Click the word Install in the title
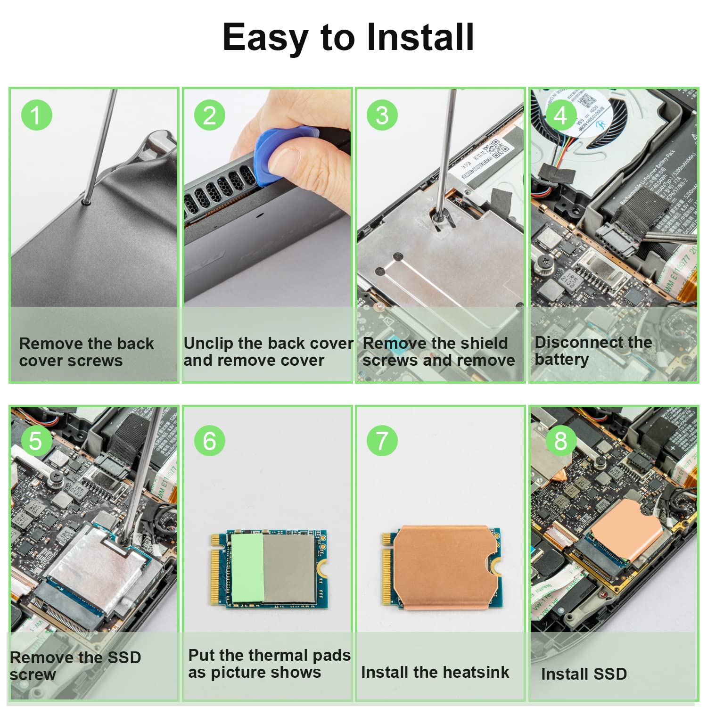(x=420, y=37)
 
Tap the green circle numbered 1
(x=36, y=115)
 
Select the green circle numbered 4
(x=560, y=115)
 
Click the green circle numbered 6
(x=209, y=441)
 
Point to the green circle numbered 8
(x=560, y=441)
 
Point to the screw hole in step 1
(x=86, y=202)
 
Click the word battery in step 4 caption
(x=561, y=360)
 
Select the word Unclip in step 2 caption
(x=208, y=344)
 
